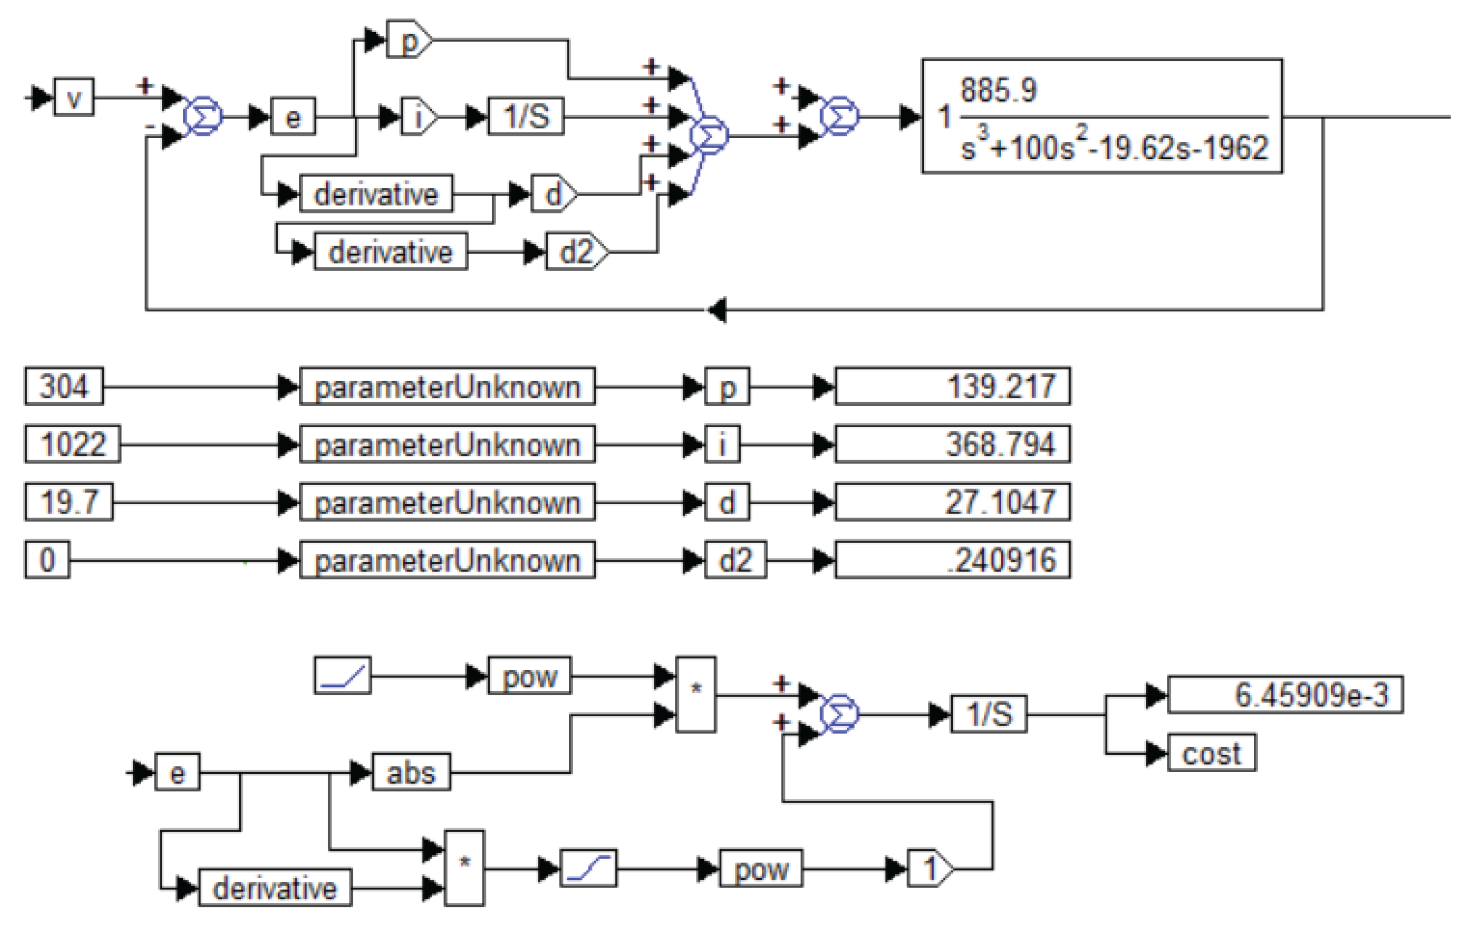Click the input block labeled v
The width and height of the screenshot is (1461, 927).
coord(74,97)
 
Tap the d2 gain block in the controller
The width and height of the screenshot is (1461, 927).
coord(576,252)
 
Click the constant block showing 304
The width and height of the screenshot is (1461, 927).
coord(64,387)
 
